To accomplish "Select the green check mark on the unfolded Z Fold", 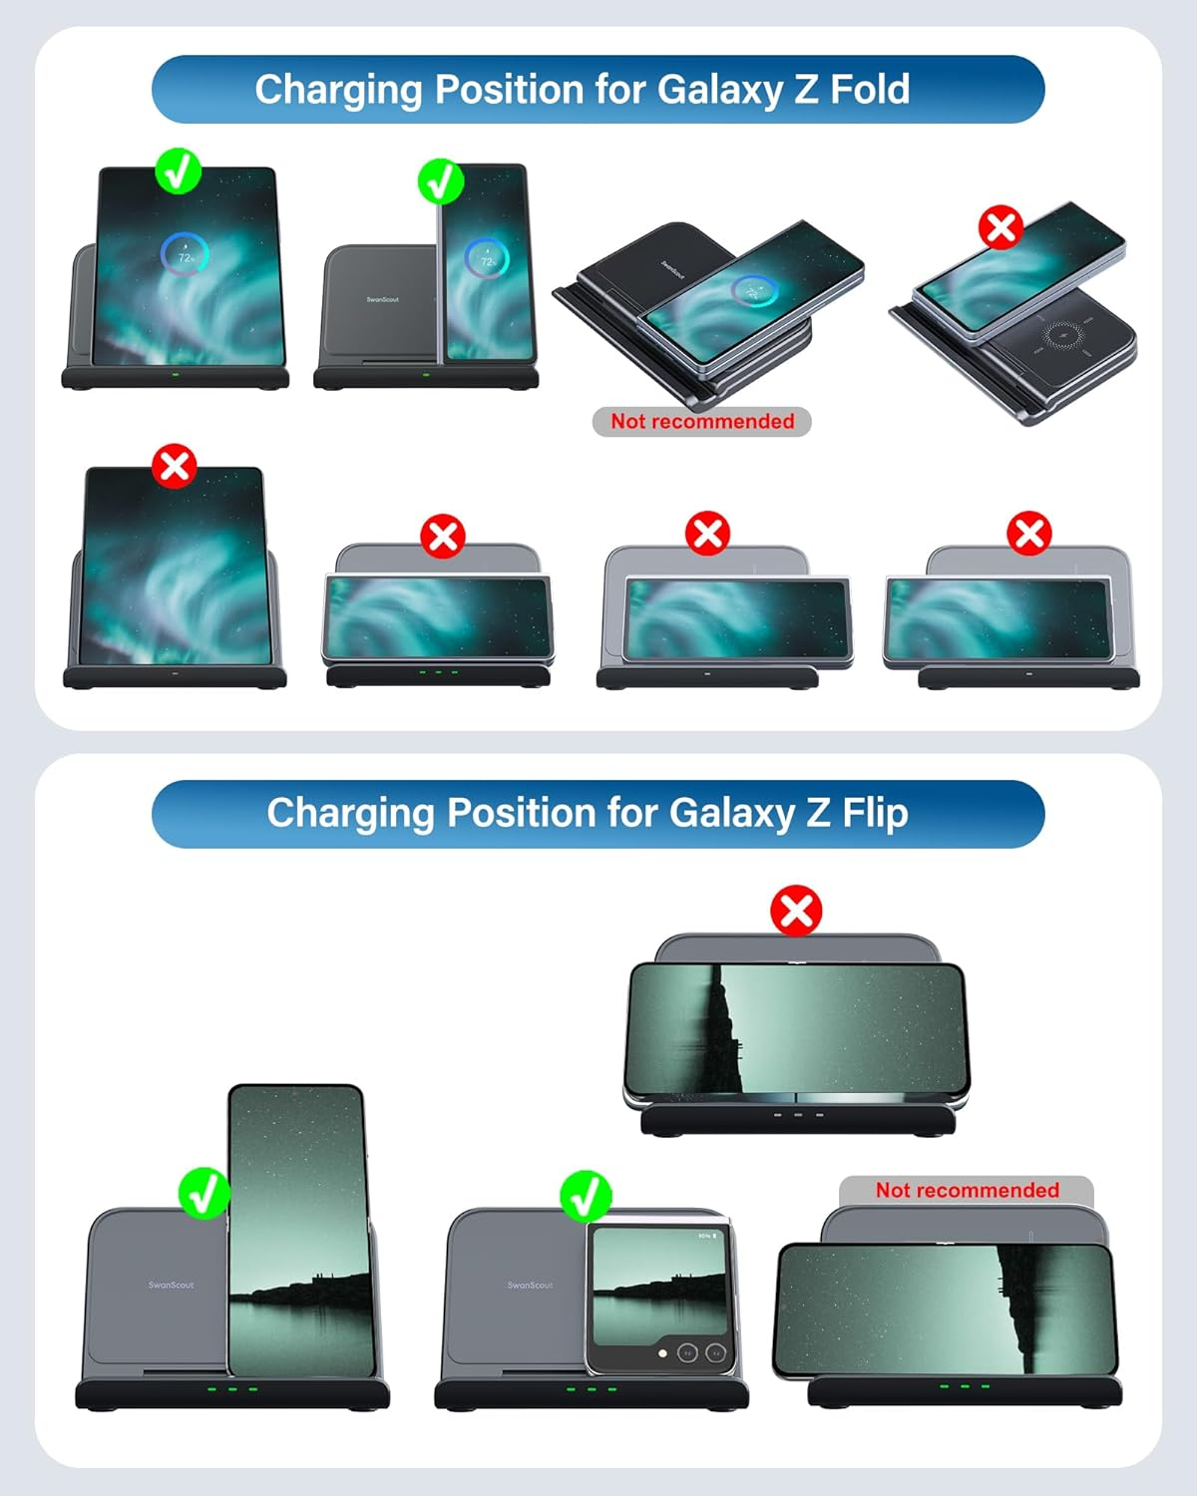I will coord(178,172).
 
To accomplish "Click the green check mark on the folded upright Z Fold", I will coord(440,182).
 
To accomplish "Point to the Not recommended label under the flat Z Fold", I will coord(702,422).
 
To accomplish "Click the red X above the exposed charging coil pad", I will coord(1000,227).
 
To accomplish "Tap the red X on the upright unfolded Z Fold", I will coord(175,466).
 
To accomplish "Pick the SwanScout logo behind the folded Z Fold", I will coord(382,299).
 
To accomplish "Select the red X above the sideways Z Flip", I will coord(796,911).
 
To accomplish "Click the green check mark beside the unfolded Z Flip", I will coord(203,1193).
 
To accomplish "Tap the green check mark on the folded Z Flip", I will coord(586,1195).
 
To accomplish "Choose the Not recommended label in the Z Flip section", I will coord(967,1190).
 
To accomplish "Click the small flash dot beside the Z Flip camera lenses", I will coord(662,1353).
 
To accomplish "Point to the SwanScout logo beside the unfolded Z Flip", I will coord(172,1285).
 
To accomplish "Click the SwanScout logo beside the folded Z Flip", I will coord(530,1285).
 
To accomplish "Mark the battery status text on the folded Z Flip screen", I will coord(706,1236).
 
